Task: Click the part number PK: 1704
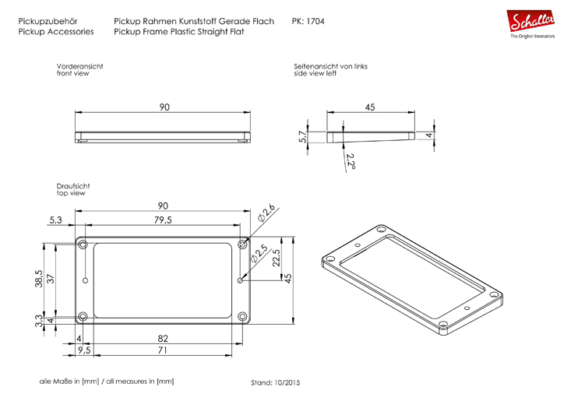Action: (308, 21)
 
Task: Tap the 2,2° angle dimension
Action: (351, 161)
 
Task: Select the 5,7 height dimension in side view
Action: (303, 137)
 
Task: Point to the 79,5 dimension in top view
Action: (163, 220)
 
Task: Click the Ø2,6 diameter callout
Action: (266, 213)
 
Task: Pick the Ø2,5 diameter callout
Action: (259, 253)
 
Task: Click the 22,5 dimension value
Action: (276, 258)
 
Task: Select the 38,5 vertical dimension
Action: (39, 279)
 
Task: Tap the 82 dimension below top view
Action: (163, 339)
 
